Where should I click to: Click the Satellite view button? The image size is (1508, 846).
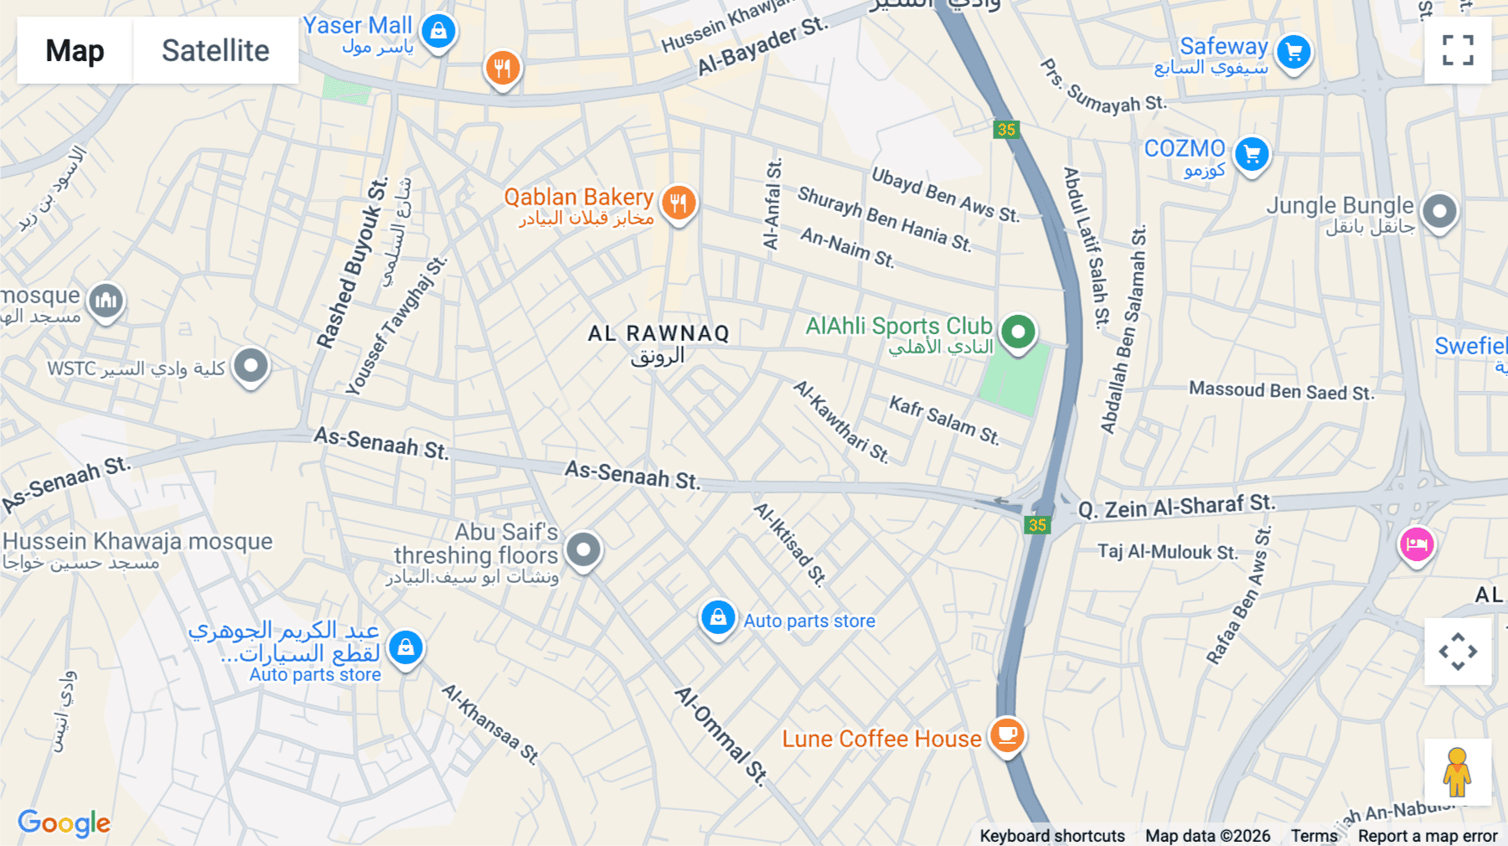coord(215,50)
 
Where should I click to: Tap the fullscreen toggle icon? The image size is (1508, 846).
coord(1458,50)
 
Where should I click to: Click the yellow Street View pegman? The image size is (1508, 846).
coord(1457,771)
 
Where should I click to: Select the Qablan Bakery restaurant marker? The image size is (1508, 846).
coord(679,203)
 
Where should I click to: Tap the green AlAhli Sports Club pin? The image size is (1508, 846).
coord(1018,332)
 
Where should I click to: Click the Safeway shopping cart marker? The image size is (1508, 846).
coord(1294,52)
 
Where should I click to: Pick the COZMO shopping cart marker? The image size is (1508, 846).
coord(1252,154)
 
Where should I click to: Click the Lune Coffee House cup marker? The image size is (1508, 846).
coord(1007,735)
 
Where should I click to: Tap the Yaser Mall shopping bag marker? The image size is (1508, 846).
coord(438,32)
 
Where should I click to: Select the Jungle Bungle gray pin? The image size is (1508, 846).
coord(1439,210)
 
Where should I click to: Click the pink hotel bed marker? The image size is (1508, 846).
coord(1416,544)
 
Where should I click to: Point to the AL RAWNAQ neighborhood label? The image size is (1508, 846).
coord(658,333)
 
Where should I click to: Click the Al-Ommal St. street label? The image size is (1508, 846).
coord(721,736)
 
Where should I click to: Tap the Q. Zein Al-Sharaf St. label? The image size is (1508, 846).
coord(1176,506)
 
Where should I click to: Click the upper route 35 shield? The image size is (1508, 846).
coord(1006,129)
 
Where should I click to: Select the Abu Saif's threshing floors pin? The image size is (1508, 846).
coord(583,549)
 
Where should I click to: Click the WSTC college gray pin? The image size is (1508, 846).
coord(250,365)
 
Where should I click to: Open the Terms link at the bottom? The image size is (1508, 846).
coord(1314,835)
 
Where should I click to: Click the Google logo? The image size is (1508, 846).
coord(65,823)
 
